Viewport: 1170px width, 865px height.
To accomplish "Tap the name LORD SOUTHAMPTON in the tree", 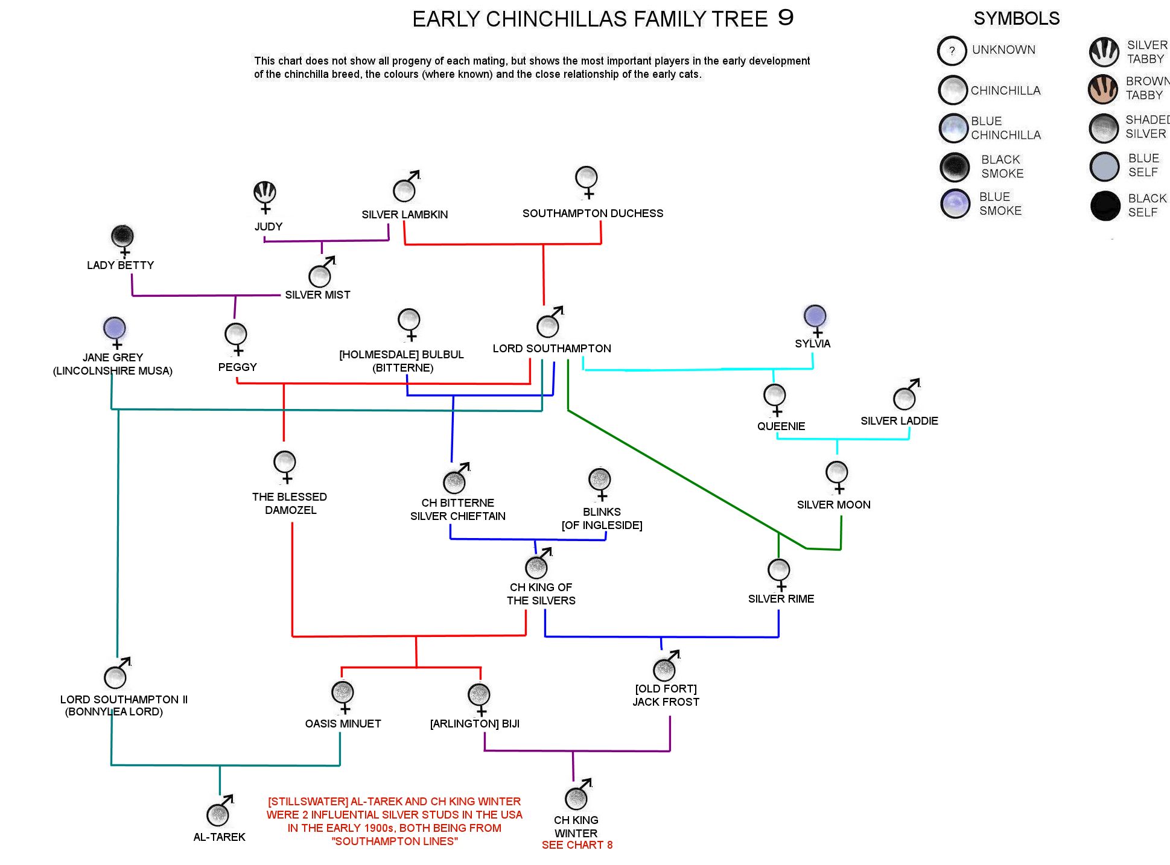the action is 552,349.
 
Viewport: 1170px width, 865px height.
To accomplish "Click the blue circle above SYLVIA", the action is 815,315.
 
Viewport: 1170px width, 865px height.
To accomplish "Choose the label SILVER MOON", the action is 833,505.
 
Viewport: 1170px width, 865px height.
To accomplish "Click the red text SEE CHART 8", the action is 577,845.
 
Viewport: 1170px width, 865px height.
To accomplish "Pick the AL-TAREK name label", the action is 219,837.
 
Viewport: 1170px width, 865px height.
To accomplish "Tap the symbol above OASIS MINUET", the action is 343,697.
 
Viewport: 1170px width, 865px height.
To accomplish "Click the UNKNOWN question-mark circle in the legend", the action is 952,51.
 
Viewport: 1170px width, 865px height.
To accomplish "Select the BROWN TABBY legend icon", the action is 1103,89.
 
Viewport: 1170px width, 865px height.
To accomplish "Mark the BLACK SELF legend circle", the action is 1105,206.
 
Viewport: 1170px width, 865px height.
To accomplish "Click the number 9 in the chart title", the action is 786,17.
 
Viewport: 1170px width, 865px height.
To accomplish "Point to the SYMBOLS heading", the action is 1017,19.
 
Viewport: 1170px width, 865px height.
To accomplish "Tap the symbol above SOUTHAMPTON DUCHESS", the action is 587,183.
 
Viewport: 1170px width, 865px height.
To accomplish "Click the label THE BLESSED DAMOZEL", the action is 290,504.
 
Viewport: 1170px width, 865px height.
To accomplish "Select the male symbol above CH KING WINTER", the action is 578,794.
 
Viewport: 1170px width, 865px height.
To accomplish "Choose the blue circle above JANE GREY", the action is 115,328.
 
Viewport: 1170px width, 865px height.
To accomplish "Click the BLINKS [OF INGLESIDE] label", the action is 602,519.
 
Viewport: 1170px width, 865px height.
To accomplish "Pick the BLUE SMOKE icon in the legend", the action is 955,203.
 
